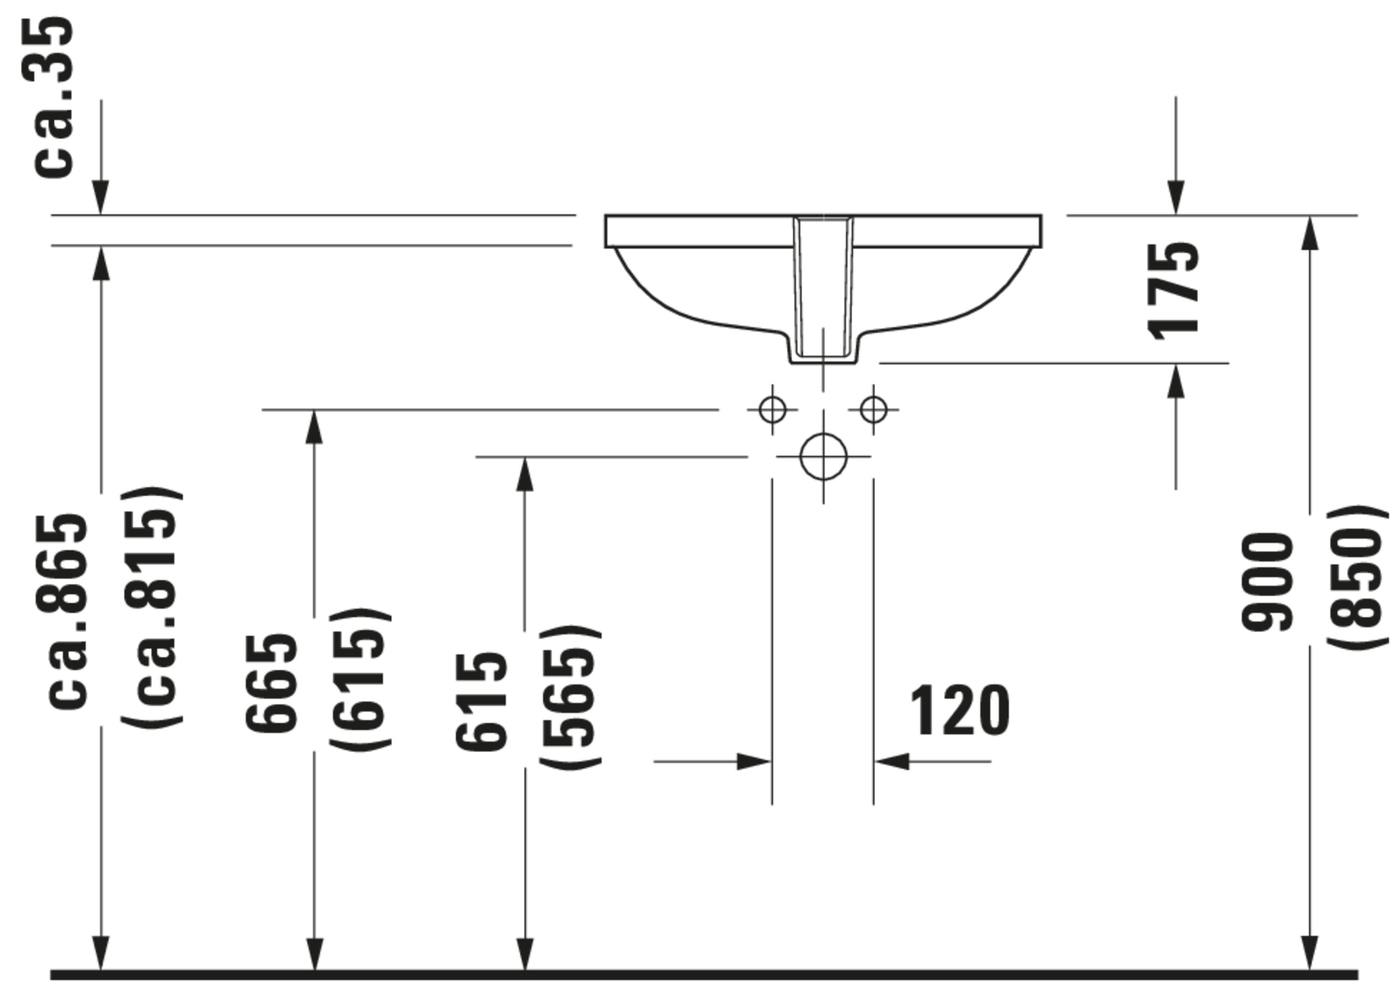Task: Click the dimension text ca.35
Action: [54, 97]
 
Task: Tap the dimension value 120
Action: [959, 711]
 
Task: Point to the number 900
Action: [1266, 582]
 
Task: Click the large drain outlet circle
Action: [823, 457]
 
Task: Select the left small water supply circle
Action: [773, 409]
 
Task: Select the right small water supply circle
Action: [873, 409]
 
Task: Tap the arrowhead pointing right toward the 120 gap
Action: [753, 761]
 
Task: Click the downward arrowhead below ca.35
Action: [101, 198]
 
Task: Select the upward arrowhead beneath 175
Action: [1176, 381]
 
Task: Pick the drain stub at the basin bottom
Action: [823, 358]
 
